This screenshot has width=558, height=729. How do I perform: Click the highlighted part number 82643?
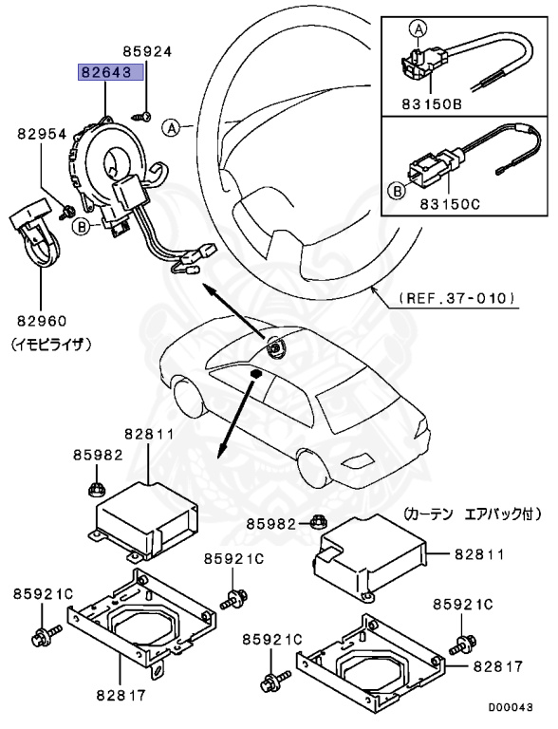click(110, 73)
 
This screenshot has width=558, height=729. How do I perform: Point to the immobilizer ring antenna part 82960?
click(38, 237)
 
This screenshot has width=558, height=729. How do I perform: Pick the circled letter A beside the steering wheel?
click(170, 126)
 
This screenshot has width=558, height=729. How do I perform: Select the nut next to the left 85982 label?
click(95, 489)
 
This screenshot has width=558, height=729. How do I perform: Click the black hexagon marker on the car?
click(255, 376)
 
